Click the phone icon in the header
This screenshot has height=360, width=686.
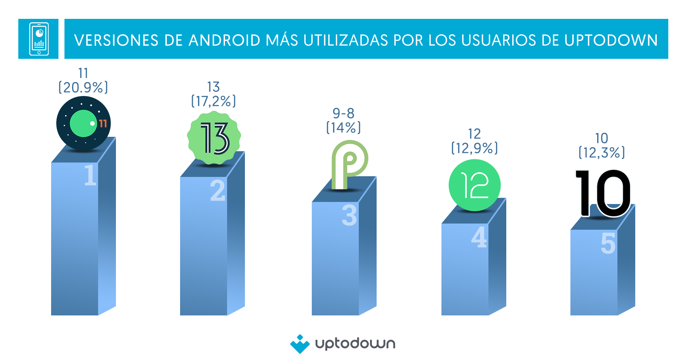pyautogui.click(x=39, y=39)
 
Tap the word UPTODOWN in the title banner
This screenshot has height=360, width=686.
pyautogui.click(x=611, y=40)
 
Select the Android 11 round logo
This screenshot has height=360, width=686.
pyautogui.click(x=83, y=123)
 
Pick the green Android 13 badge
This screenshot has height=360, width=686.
pyautogui.click(x=214, y=138)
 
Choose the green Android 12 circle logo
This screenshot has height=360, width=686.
pyautogui.click(x=474, y=185)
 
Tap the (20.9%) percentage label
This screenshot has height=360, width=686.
pyautogui.click(x=83, y=87)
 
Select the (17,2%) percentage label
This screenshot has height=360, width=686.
pyautogui.click(x=213, y=101)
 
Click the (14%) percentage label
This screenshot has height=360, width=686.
pyautogui.click(x=343, y=128)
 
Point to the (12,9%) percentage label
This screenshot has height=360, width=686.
pyautogui.click(x=474, y=148)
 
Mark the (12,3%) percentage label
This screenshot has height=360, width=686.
pyautogui.click(x=602, y=153)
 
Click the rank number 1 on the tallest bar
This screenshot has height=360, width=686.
pyautogui.click(x=90, y=175)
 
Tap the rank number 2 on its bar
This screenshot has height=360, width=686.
pyautogui.click(x=217, y=191)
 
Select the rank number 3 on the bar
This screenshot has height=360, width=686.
pyautogui.click(x=349, y=216)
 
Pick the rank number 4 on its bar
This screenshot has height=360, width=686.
pyautogui.click(x=479, y=237)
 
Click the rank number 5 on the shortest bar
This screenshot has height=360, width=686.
pyautogui.click(x=608, y=244)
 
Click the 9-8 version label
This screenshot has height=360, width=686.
pyautogui.click(x=343, y=113)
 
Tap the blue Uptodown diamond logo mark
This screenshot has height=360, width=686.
pyautogui.click(x=300, y=344)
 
